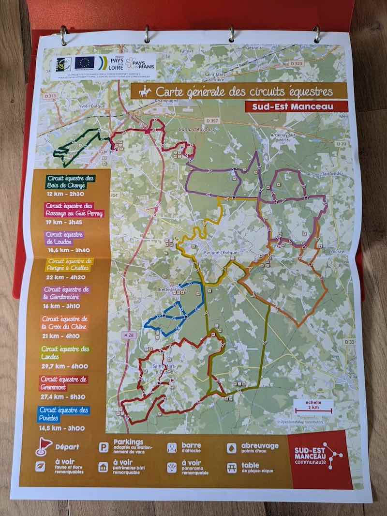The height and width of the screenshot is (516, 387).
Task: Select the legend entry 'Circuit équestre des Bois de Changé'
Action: pyautogui.click(x=72, y=182)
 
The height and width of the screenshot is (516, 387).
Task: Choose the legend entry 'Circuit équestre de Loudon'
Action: pyautogui.click(x=63, y=238)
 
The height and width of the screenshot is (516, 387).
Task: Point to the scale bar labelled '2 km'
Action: pyautogui.click(x=313, y=409)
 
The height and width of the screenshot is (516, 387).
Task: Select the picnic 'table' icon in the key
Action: pyautogui.click(x=231, y=468)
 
